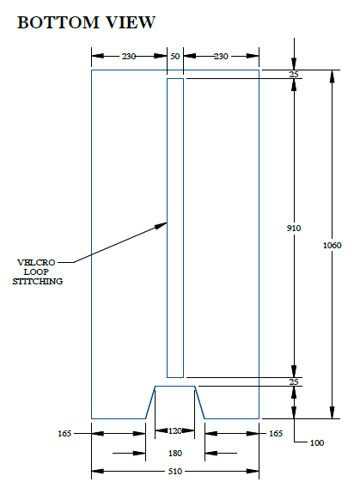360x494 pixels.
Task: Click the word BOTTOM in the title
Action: (58, 22)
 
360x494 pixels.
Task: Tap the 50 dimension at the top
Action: (175, 57)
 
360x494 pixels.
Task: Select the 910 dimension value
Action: (294, 228)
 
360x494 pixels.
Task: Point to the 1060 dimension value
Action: (332, 245)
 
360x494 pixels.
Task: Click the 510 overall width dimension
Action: (175, 472)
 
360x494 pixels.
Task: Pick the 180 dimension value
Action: (175, 454)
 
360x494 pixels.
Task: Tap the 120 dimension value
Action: (175, 430)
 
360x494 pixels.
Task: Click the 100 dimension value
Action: (317, 443)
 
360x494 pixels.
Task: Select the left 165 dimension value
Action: (64, 434)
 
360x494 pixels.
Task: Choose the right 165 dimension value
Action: (276, 434)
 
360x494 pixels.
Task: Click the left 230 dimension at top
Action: (129, 57)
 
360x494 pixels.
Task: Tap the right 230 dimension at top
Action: (221, 57)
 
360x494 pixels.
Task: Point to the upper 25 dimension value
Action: (294, 75)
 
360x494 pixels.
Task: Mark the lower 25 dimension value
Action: (294, 382)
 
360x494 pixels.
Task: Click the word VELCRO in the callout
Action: (36, 262)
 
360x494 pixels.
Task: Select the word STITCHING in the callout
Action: (38, 281)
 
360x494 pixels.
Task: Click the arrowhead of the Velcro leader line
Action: (162, 225)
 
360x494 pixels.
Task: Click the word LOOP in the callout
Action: (37, 271)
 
